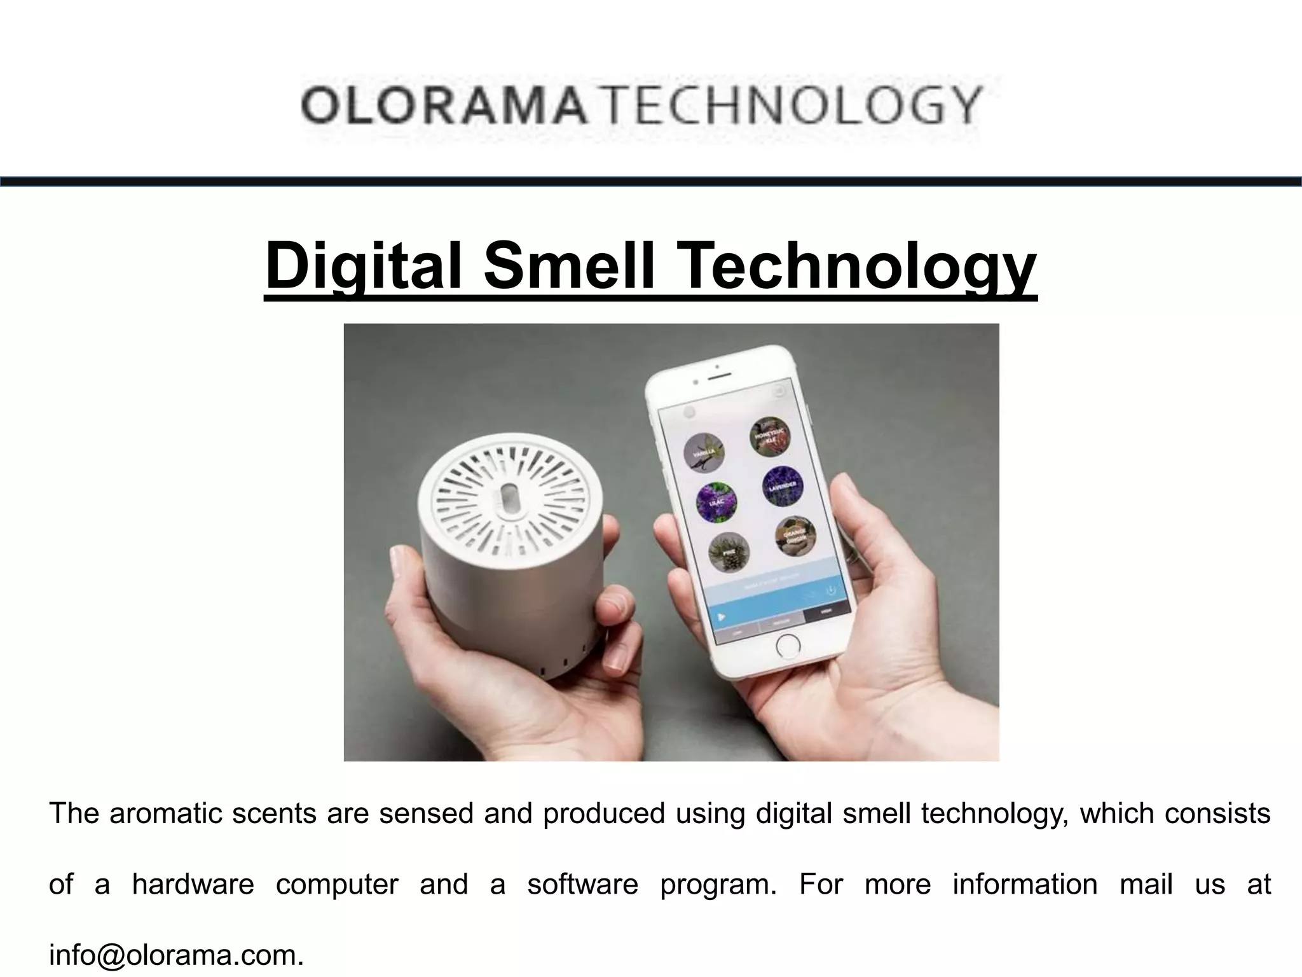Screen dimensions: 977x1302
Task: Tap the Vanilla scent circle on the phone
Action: (704, 452)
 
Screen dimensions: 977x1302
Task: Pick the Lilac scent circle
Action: (717, 502)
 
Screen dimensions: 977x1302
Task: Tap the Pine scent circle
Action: (729, 551)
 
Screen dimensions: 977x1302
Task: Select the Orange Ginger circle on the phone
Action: (795, 536)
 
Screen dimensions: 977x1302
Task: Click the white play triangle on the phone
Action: (720, 616)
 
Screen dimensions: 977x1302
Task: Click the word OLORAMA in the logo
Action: (442, 107)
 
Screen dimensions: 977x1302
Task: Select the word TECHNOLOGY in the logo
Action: (789, 107)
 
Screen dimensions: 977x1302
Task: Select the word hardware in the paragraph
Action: (193, 884)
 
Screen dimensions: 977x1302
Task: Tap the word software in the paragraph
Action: (582, 884)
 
